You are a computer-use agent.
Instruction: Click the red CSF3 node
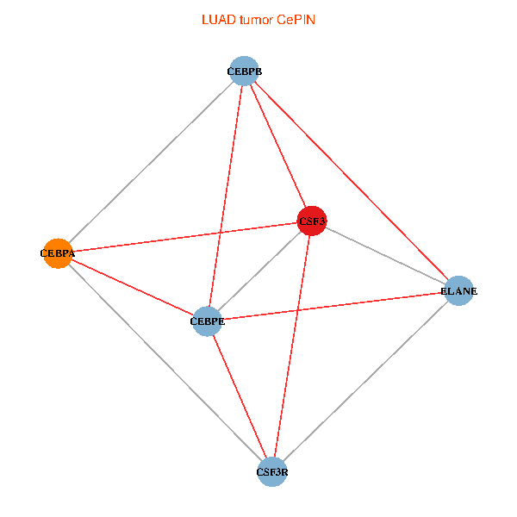coord(311,221)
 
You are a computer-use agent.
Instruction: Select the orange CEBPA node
coord(58,253)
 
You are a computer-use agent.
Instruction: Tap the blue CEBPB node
coord(245,71)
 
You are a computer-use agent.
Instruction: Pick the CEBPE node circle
coord(208,321)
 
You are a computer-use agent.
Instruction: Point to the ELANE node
coord(458,290)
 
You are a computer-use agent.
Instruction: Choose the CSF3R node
coord(272,471)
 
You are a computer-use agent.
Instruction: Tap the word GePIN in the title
coord(296,20)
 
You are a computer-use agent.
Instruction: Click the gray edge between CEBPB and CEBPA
coord(151,162)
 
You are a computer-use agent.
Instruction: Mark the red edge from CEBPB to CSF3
coord(277,146)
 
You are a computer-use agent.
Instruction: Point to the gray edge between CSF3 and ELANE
coord(384,255)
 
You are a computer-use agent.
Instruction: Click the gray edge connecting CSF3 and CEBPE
coord(259,271)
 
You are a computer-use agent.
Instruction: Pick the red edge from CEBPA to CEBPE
coord(133,287)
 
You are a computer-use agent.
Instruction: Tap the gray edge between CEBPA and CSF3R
coord(164,361)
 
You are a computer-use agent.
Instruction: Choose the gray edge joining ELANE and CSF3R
coord(365,381)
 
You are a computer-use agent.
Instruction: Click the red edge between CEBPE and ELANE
coord(333,306)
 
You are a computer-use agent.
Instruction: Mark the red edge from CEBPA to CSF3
coord(184,237)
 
